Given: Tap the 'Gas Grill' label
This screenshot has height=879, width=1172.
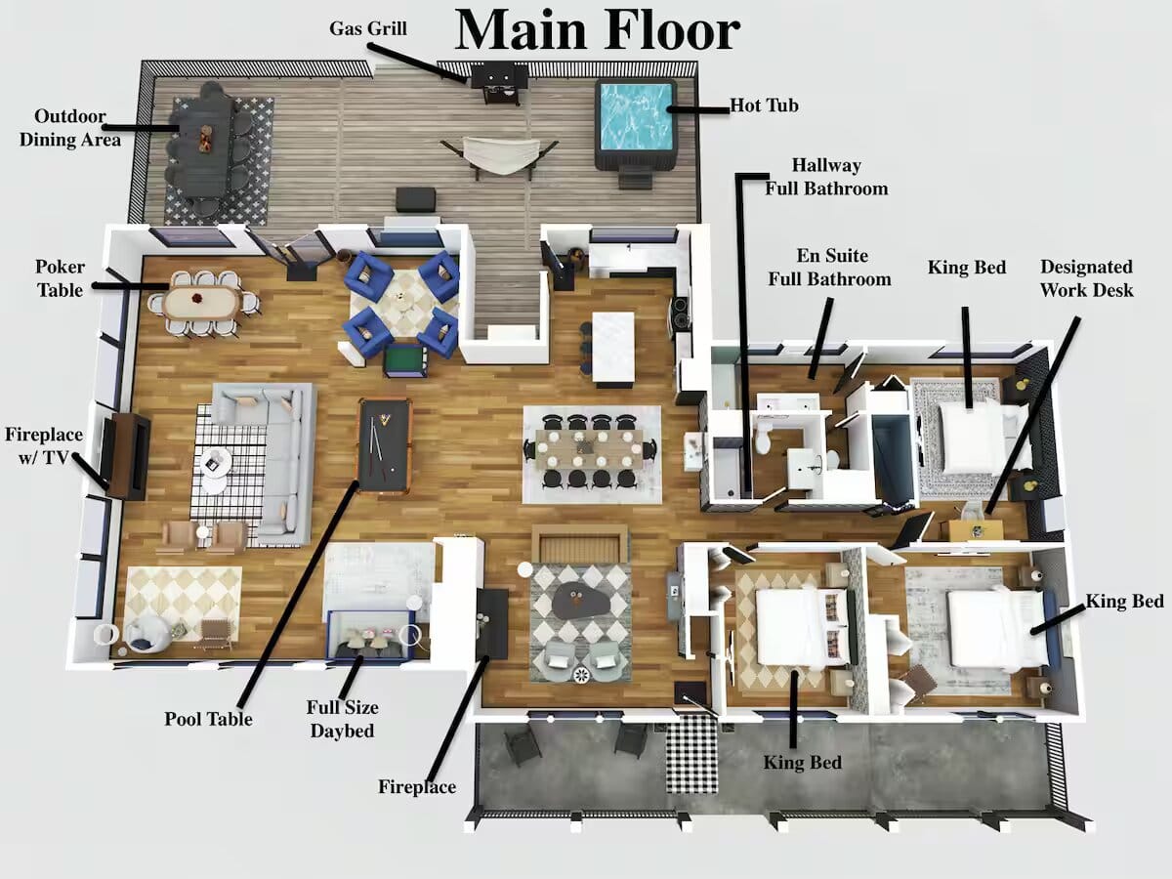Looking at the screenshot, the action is (x=368, y=28).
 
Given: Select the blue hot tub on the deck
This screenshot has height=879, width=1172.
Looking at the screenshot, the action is (x=636, y=125).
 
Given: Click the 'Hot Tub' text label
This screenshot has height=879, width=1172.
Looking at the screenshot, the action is (x=764, y=105).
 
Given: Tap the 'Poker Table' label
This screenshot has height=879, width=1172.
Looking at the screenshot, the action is (x=60, y=278).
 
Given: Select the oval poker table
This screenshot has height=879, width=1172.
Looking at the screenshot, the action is (x=202, y=303).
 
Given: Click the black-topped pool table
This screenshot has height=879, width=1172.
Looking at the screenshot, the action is (x=385, y=444).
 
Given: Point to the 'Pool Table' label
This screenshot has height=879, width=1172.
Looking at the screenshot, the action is (x=208, y=719).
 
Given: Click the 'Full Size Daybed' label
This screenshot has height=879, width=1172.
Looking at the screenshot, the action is (x=342, y=719).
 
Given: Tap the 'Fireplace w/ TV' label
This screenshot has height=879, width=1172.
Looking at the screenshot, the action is (x=44, y=445).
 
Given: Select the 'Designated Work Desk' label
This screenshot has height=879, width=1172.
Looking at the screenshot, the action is (x=1086, y=278).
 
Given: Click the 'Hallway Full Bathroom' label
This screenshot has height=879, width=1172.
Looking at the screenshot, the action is (x=826, y=177).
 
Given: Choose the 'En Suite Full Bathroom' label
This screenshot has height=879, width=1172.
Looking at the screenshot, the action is (x=830, y=267).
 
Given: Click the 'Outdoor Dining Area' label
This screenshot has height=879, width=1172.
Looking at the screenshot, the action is (x=70, y=128).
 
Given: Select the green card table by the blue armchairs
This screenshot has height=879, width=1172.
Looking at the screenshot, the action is (x=404, y=359).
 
